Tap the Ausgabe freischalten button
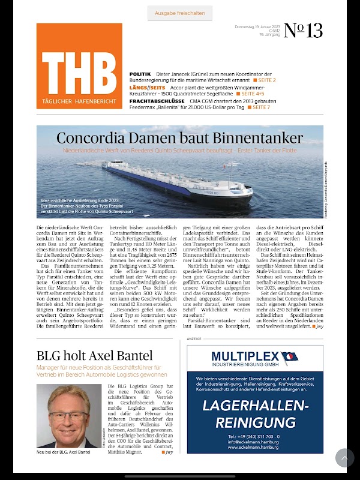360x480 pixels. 180,13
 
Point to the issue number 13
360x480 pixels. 304,31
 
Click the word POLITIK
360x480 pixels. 140,74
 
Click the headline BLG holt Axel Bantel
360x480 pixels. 94,355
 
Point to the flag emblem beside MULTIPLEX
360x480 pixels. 289,358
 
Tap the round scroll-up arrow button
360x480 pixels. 344,458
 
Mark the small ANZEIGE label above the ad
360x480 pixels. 194,339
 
